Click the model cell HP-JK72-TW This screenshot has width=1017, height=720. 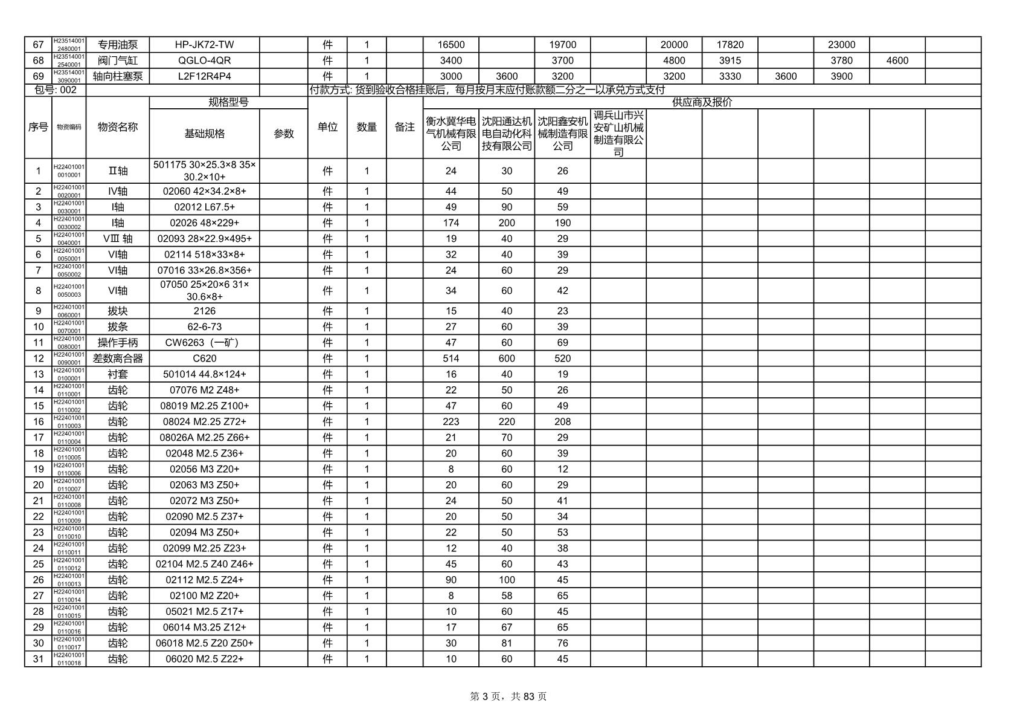click(204, 45)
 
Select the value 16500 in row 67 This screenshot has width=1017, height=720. click(451, 45)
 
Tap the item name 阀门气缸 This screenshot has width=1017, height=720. click(118, 60)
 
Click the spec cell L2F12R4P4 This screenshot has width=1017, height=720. click(204, 76)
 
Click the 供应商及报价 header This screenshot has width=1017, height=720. click(702, 103)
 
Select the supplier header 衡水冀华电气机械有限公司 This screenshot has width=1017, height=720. click(451, 134)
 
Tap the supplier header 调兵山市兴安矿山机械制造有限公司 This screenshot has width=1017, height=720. click(618, 134)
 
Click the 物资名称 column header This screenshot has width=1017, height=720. click(118, 127)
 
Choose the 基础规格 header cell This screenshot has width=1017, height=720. click(204, 134)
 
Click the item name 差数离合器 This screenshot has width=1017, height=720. click(118, 358)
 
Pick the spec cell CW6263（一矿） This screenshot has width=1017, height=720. click(204, 343)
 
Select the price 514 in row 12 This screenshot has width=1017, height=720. click(451, 358)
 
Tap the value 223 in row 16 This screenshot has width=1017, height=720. click(451, 422)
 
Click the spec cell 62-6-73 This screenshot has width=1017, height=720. click(204, 327)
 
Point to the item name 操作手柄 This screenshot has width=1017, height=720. click(118, 343)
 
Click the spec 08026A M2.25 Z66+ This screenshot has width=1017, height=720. click(204, 438)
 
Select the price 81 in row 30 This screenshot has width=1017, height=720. click(506, 643)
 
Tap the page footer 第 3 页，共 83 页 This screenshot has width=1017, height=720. click(508, 696)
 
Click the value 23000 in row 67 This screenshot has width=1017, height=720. click(841, 45)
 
